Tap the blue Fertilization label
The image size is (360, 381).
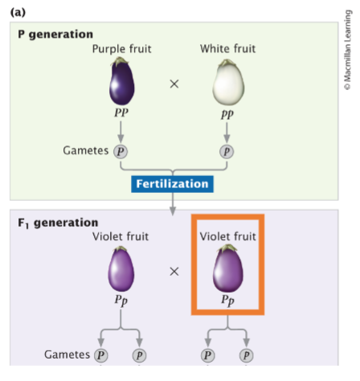click(x=173, y=184)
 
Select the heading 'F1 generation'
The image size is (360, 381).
click(x=58, y=222)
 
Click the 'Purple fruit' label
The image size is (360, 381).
click(x=121, y=49)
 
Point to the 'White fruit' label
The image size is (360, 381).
click(x=227, y=49)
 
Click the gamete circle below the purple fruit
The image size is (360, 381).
click(x=121, y=151)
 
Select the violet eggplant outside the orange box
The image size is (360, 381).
click(x=121, y=270)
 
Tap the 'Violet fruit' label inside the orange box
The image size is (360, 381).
click(x=227, y=236)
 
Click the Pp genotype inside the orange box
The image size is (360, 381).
click(x=227, y=300)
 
